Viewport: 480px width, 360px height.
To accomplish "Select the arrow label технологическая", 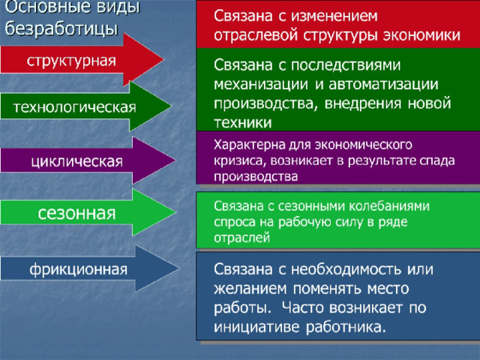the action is [x=74, y=107].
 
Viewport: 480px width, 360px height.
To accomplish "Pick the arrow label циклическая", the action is [x=76, y=162].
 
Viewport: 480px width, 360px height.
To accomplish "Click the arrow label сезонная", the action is [x=76, y=213].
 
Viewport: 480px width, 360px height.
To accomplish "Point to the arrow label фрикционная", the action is [x=78, y=270].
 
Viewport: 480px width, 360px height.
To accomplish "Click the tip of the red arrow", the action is [x=163, y=60].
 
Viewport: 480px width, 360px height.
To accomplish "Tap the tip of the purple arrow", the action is [x=175, y=160].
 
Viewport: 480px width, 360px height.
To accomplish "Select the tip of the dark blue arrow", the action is [x=179, y=268].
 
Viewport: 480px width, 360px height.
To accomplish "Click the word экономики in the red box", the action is [x=421, y=35].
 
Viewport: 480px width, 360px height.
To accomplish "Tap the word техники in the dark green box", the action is [x=243, y=123].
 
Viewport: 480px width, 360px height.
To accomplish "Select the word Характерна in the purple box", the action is [x=250, y=145].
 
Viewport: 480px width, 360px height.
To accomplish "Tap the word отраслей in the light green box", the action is [x=241, y=238].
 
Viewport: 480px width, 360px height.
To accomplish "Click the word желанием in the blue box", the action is [x=250, y=289].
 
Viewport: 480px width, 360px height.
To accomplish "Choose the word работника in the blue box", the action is [x=345, y=327].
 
